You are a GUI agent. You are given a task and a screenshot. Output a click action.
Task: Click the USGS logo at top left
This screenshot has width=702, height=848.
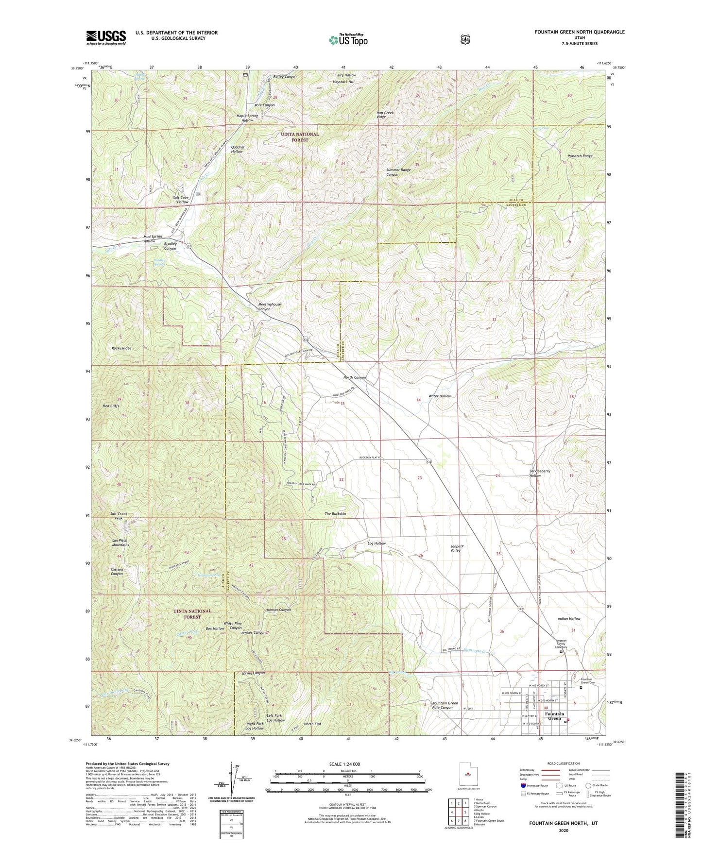pyautogui.click(x=106, y=37)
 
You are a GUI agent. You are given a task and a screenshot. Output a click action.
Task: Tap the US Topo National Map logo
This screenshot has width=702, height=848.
pyautogui.click(x=348, y=39)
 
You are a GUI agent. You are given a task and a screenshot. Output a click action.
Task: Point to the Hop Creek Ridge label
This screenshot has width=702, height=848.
pyautogui.click(x=385, y=115)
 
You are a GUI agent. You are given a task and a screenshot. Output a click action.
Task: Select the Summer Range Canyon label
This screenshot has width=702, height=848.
pyautogui.click(x=398, y=172)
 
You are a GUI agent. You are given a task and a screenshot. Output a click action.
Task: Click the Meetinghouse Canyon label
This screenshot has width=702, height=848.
pyautogui.click(x=269, y=306)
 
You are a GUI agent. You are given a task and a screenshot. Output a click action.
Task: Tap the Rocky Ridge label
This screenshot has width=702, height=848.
pyautogui.click(x=120, y=348)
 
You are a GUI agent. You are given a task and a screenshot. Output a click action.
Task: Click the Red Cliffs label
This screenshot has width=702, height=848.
pyautogui.click(x=111, y=406)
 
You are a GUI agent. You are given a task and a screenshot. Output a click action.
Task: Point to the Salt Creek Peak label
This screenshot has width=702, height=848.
pyautogui.click(x=119, y=516)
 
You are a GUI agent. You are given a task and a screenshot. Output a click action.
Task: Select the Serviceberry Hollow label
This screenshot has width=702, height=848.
pyautogui.click(x=542, y=474)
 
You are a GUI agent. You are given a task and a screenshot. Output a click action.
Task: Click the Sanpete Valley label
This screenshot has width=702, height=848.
pyautogui.click(x=457, y=548)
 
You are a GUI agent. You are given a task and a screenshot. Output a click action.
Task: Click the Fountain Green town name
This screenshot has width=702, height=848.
pyautogui.click(x=554, y=716)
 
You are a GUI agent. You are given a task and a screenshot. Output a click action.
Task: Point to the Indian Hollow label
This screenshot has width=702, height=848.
pyautogui.click(x=568, y=619)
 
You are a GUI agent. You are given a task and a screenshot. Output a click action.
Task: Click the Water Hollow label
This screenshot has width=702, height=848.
pyautogui.click(x=439, y=396)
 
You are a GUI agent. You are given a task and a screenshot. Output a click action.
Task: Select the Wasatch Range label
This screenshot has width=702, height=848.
pyautogui.click(x=580, y=156)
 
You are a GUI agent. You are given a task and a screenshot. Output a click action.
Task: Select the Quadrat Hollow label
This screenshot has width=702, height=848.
pyautogui.click(x=237, y=149)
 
